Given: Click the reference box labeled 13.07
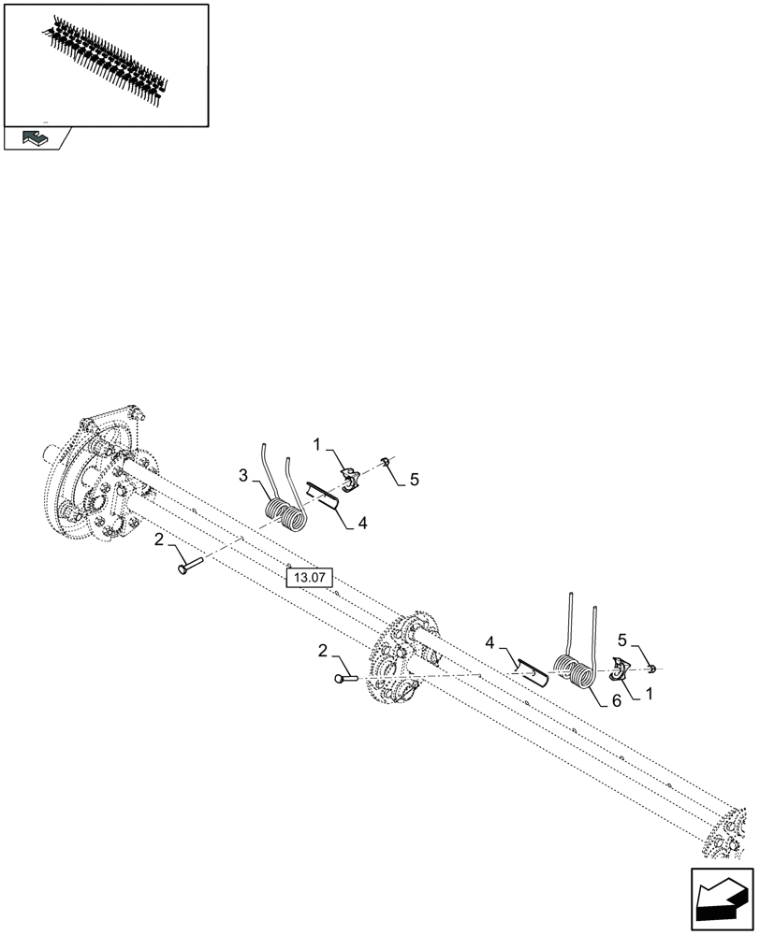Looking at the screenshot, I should point(310,578).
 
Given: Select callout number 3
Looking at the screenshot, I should point(242,477).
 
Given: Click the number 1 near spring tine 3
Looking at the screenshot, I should point(318,443).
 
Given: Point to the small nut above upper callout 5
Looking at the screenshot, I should point(385,461).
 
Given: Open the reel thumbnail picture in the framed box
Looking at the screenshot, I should point(106,63).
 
